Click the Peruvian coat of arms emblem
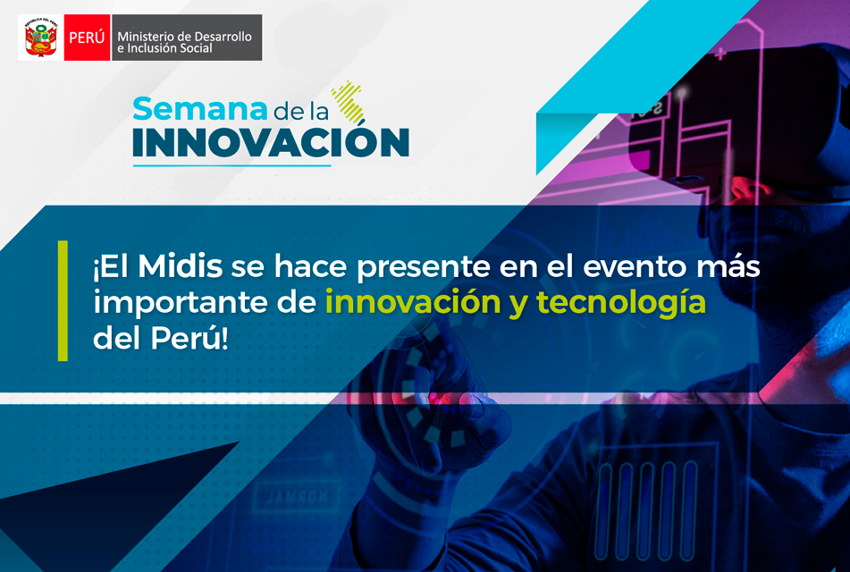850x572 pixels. pos(41,38)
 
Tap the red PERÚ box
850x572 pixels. pos(88,38)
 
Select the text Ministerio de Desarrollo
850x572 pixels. pos(184,37)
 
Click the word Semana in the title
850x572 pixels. pos(200,109)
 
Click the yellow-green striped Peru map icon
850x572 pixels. pos(348,102)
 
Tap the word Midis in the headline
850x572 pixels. pos(180,266)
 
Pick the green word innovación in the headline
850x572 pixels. pos(413,302)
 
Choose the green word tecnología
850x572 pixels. pos(620,304)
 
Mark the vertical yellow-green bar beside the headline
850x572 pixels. pos(63,301)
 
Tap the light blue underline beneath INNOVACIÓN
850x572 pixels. pos(231,164)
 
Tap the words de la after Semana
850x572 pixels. pos(301,111)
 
